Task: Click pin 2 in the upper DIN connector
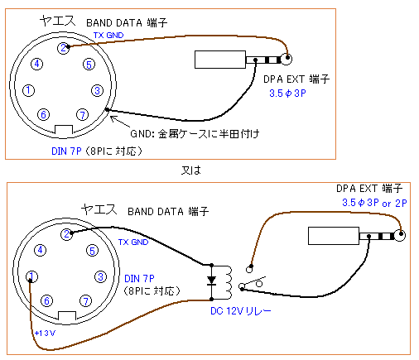tap(63, 48)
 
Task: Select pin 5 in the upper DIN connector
tap(89, 65)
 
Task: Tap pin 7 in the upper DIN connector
tap(82, 114)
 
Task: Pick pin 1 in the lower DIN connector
tap(31, 276)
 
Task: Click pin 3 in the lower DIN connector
tap(100, 276)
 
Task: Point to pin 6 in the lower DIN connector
tap(46, 300)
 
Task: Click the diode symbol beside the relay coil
tap(211, 281)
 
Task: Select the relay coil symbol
tap(228, 282)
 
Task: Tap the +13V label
tap(45, 334)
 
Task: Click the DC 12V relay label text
tap(241, 311)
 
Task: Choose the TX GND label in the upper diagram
tap(108, 36)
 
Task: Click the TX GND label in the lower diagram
tap(133, 242)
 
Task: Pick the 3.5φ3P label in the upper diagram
tap(287, 94)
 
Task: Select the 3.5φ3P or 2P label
tap(374, 203)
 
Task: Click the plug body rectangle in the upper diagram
tap(220, 60)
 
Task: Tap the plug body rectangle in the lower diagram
tap(334, 236)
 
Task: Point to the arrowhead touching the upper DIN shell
tap(112, 118)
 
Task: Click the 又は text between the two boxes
tap(191, 170)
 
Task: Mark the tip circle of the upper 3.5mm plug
tap(287, 59)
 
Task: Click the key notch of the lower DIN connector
tap(67, 316)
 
